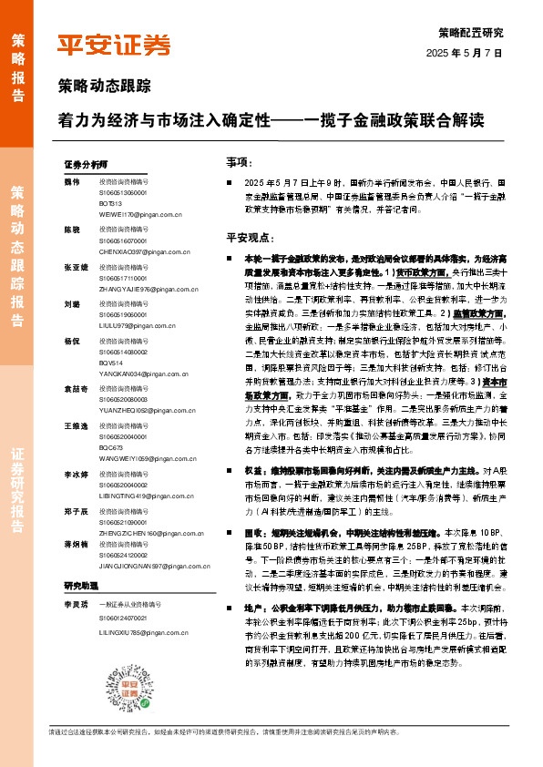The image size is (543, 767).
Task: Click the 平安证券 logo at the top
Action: click(114, 45)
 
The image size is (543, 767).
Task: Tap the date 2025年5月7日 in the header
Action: click(465, 53)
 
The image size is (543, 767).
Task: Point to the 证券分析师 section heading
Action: click(86, 165)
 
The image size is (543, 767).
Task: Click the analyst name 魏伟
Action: click(71, 181)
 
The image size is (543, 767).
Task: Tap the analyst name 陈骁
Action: click(71, 230)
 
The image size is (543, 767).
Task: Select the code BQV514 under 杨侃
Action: click(111, 363)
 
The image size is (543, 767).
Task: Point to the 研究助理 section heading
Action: click(80, 585)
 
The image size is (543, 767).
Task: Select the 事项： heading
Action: click(238, 161)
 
